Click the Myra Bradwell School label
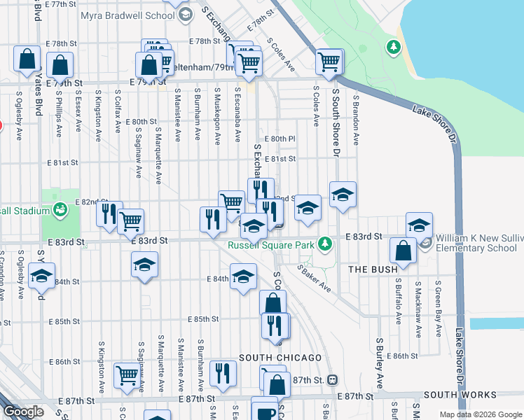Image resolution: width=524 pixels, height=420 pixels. [127, 15]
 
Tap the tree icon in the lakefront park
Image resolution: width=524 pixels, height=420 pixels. [394, 48]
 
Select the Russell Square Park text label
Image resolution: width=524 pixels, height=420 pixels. [270, 245]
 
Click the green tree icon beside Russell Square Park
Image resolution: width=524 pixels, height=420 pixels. [324, 244]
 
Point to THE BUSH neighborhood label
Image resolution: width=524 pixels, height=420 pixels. [373, 269]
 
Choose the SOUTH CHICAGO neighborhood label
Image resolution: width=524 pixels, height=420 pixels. [280, 358]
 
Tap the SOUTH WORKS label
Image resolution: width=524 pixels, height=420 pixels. [460, 395]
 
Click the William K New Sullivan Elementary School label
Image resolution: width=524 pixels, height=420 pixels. [479, 243]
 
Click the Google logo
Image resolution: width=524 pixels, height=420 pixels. [22, 412]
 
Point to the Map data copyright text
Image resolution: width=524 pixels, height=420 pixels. [480, 414]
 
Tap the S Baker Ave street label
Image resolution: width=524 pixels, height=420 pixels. [314, 278]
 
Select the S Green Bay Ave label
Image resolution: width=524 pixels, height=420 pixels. [438, 302]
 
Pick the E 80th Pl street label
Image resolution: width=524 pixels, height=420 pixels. [280, 139]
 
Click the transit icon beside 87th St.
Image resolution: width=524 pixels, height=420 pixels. [333, 379]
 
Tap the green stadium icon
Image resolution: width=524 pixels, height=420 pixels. [61, 209]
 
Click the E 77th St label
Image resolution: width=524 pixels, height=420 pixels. [59, 4]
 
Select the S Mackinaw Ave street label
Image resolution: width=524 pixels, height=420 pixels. [418, 302]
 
